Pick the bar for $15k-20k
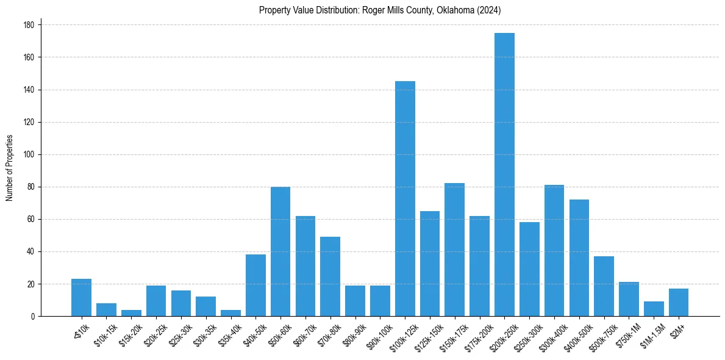coord(131,313)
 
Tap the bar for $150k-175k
coord(455,250)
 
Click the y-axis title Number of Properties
coord(10,167)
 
